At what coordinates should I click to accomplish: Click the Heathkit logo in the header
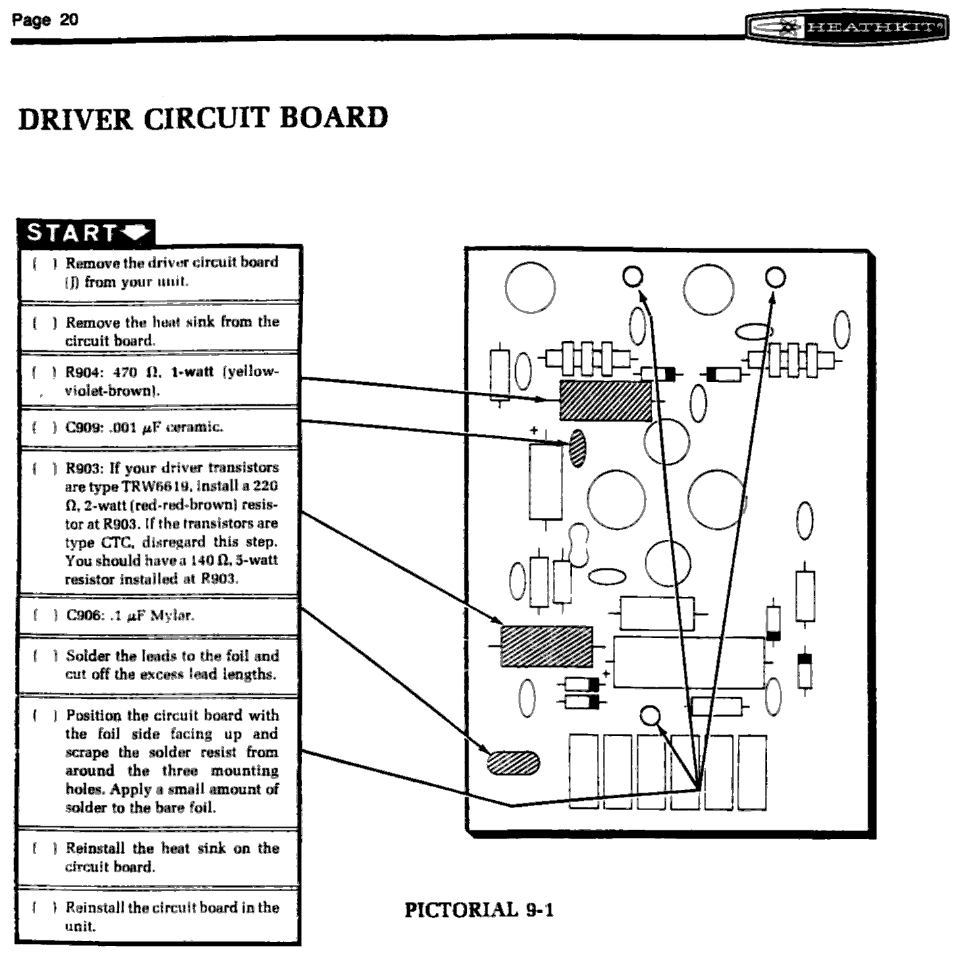[x=847, y=28]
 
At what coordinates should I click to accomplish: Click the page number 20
[x=69, y=19]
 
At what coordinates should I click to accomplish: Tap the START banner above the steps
[x=86, y=232]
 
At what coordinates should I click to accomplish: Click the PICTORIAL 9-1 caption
[x=479, y=909]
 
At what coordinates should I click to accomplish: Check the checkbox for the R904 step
[x=44, y=372]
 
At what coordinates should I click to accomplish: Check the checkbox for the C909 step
[x=44, y=427]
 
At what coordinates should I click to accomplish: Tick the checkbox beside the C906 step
[x=44, y=616]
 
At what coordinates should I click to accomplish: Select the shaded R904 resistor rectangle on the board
[x=606, y=400]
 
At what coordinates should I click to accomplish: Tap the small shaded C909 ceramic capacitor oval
[x=577, y=448]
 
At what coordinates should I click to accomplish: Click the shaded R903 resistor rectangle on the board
[x=546, y=646]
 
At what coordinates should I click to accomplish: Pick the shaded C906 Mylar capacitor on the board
[x=513, y=763]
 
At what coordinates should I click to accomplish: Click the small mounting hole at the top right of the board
[x=776, y=277]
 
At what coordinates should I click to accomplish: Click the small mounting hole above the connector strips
[x=650, y=716]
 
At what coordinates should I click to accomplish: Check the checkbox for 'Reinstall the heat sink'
[x=44, y=849]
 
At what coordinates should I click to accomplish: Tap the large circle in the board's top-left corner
[x=530, y=287]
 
